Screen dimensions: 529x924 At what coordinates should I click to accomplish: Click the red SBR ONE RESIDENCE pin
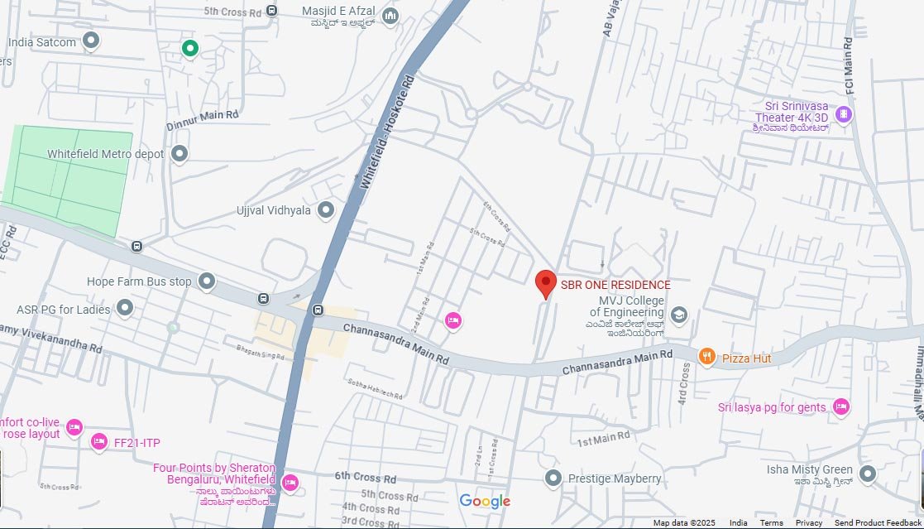point(545,283)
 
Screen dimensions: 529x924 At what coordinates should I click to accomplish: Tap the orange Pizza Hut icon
point(706,357)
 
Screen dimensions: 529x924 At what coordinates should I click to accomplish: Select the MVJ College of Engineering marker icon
point(679,314)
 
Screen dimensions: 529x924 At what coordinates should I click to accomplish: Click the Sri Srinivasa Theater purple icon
point(843,114)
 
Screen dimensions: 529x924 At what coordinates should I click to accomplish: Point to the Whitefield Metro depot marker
point(180,154)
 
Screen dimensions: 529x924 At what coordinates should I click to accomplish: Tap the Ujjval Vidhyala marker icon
point(326,210)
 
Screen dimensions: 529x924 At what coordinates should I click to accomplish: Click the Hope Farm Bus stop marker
point(207,281)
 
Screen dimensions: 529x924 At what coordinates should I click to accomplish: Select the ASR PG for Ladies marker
point(125,309)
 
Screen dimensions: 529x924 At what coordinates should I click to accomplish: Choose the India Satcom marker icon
point(91,41)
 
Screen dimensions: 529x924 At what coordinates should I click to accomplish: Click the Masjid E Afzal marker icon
point(390,16)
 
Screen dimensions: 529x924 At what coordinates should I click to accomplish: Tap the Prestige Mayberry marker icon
point(553,478)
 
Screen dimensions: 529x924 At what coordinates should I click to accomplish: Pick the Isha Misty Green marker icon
point(867,474)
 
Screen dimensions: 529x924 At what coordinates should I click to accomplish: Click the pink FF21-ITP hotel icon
point(99,442)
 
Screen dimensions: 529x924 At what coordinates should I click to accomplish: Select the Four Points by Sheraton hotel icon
point(290,482)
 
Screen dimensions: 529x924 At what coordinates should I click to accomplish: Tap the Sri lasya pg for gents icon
point(841,406)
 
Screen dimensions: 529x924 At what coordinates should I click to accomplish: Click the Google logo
point(485,501)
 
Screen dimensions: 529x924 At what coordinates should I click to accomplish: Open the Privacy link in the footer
point(809,523)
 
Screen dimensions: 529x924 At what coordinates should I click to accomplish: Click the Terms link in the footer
point(771,523)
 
